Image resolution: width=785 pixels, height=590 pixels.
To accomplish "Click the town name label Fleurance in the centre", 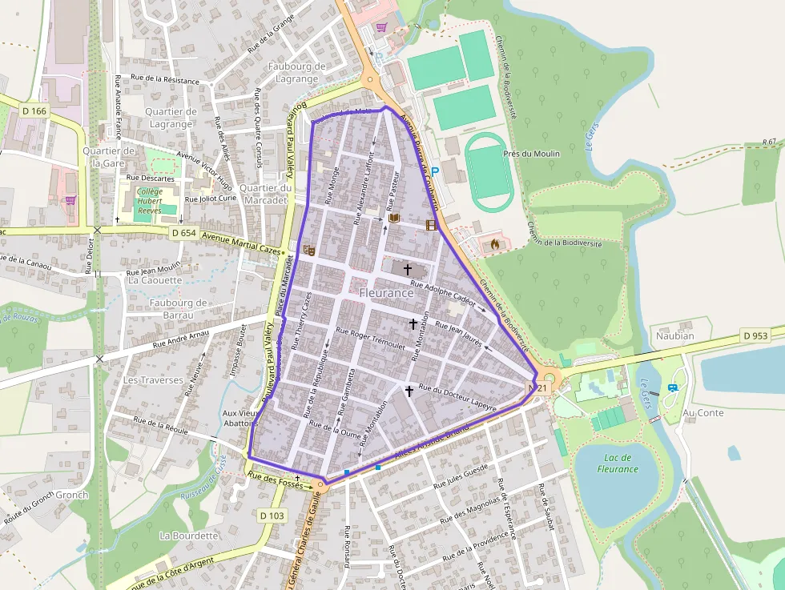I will (x=386, y=293).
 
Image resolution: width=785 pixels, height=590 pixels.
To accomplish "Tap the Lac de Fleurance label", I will (x=618, y=464).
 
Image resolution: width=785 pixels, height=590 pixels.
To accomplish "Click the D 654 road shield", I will (x=183, y=232).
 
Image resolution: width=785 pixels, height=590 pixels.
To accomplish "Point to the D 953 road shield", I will (x=755, y=335).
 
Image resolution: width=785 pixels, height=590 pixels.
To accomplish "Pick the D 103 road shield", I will (x=272, y=516).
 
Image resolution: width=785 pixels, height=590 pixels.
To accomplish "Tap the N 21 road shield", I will (x=537, y=388).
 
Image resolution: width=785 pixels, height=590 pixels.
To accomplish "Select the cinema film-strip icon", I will (x=433, y=225).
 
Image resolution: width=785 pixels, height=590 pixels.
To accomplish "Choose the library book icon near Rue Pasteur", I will (x=393, y=218).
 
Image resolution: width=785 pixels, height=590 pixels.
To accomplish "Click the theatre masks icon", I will (x=308, y=250).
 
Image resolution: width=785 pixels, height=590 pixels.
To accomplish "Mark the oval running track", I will (x=489, y=172).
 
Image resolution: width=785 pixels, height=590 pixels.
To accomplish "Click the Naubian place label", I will (x=674, y=335).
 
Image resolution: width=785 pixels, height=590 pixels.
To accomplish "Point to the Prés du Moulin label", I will (x=531, y=153).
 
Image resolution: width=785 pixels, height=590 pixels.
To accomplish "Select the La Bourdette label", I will (x=189, y=535).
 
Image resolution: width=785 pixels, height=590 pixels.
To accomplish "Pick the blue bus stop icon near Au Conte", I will (x=671, y=388).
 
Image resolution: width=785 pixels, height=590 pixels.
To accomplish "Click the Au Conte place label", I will (x=704, y=412).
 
